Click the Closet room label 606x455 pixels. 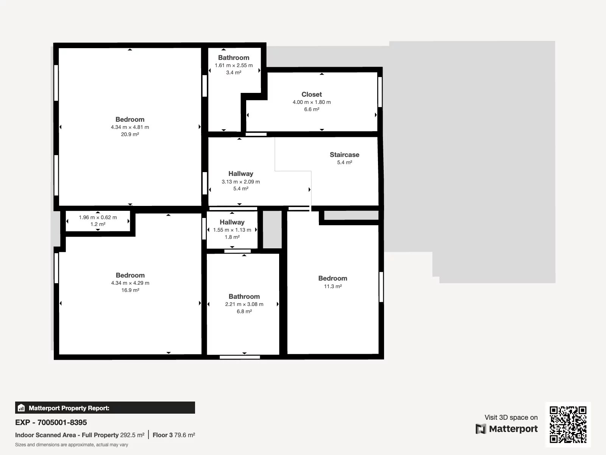tap(311, 94)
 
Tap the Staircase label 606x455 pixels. tap(344, 155)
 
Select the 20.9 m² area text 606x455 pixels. tap(130, 134)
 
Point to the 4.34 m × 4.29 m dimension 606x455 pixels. tap(130, 283)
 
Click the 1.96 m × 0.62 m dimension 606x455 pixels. tap(98, 217)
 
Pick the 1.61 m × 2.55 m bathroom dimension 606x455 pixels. tap(234, 66)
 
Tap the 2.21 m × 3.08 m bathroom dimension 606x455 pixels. tap(244, 304)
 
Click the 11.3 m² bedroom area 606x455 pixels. tap(333, 286)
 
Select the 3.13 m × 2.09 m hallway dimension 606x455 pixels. tap(241, 182)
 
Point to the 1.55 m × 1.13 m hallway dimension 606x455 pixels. tap(232, 230)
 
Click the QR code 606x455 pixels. tap(568, 425)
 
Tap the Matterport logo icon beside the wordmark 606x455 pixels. tap(481, 429)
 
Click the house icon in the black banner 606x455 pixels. tap(21, 408)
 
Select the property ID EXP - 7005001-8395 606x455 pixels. tap(51, 422)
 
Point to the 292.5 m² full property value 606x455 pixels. tap(132, 435)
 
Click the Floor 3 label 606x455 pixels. tap(162, 435)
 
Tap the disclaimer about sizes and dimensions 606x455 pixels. tap(72, 445)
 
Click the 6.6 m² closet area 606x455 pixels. tap(312, 109)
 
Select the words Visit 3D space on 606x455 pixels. tap(511, 417)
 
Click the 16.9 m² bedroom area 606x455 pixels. tap(130, 290)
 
